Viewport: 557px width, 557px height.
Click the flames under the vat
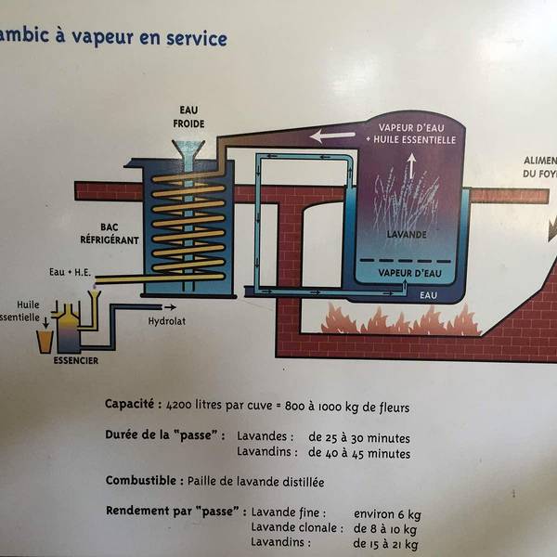click(399, 320)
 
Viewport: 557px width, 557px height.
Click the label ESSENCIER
click(75, 360)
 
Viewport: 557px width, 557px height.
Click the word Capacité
click(129, 406)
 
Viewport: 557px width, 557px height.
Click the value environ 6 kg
click(386, 512)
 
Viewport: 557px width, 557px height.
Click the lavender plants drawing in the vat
click(405, 200)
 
